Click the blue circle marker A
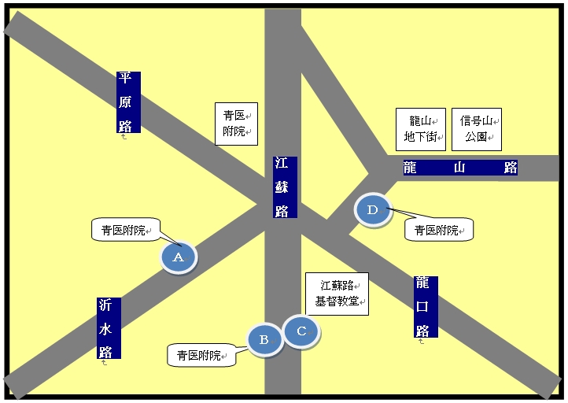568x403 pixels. pyautogui.click(x=179, y=257)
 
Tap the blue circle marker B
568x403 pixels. pyautogui.click(x=264, y=340)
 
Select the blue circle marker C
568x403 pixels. pyautogui.click(x=301, y=331)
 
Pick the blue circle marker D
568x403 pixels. pyautogui.click(x=373, y=210)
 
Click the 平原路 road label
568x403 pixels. pyautogui.click(x=128, y=102)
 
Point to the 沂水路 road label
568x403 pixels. pyautogui.click(x=109, y=328)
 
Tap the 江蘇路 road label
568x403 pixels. pyautogui.click(x=285, y=187)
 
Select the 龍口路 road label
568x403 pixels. pyautogui.click(x=426, y=307)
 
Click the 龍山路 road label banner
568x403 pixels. pyautogui.click(x=460, y=168)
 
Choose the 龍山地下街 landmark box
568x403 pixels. pyautogui.click(x=421, y=129)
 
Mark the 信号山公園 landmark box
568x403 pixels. pyautogui.click(x=477, y=129)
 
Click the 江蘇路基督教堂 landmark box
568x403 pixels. pyautogui.click(x=337, y=294)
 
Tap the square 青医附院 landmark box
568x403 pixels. pyautogui.click(x=236, y=124)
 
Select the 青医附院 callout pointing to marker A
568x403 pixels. pyautogui.click(x=126, y=229)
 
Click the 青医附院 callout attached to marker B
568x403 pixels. pyautogui.click(x=201, y=355)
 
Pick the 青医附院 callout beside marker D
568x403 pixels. pyautogui.click(x=439, y=230)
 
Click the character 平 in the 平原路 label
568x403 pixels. pyautogui.click(x=125, y=78)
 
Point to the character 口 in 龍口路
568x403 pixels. pyautogui.click(x=422, y=307)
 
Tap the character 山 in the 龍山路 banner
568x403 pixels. pyautogui.click(x=459, y=168)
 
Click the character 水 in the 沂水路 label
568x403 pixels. pyautogui.click(x=105, y=329)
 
